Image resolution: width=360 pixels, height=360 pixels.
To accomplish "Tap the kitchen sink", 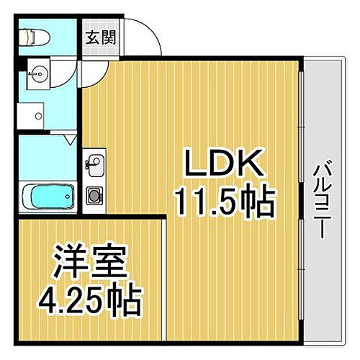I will pyautogui.click(x=94, y=161).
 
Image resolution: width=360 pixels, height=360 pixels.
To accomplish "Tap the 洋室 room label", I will pyautogui.click(x=91, y=263).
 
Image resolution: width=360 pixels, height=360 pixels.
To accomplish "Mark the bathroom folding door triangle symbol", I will pyautogui.click(x=70, y=140).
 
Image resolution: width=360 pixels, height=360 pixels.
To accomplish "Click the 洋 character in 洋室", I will pyautogui.click(x=70, y=263).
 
